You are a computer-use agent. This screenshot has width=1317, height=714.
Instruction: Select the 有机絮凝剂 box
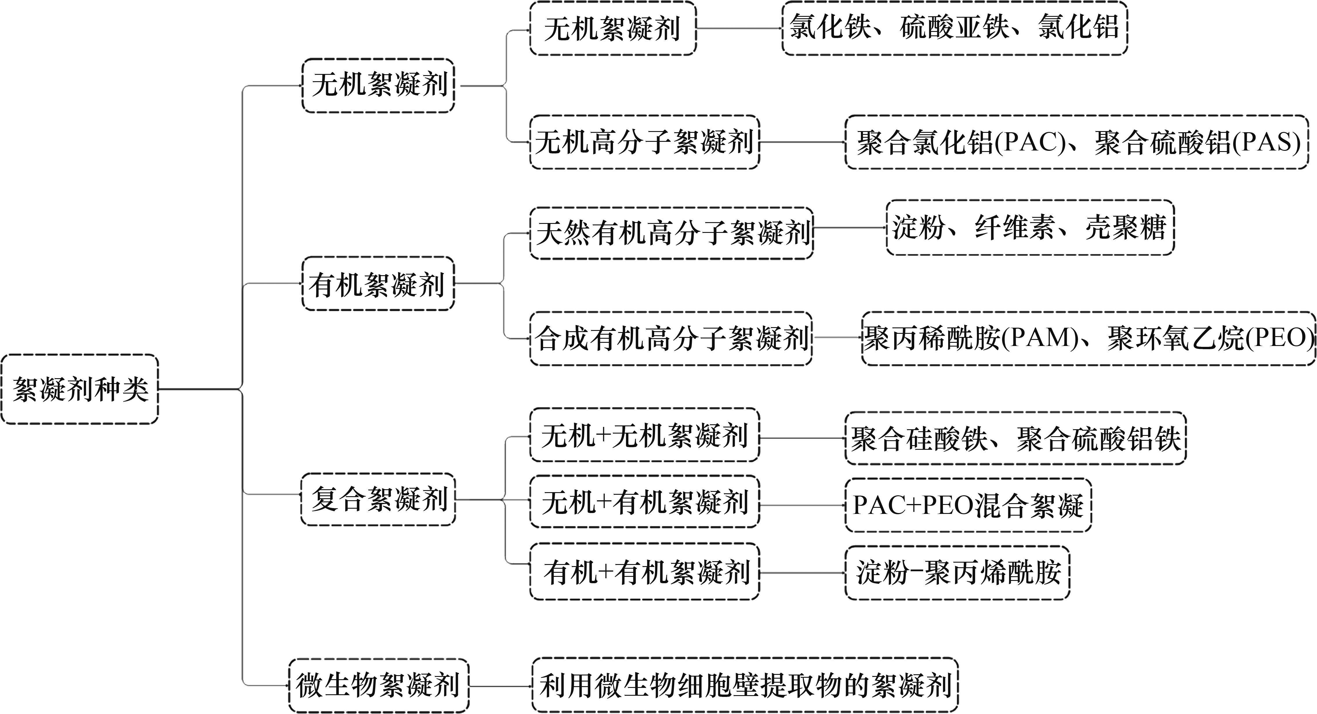(x=378, y=284)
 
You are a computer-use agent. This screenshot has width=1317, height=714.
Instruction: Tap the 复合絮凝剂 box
(x=378, y=499)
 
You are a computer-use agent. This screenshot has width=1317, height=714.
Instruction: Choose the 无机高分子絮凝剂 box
(x=644, y=142)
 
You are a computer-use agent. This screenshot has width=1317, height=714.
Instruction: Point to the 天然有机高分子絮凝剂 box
(x=671, y=233)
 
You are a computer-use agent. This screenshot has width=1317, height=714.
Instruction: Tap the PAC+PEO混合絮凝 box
(x=968, y=505)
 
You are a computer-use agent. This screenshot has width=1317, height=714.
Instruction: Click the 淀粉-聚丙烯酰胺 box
(x=957, y=572)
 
